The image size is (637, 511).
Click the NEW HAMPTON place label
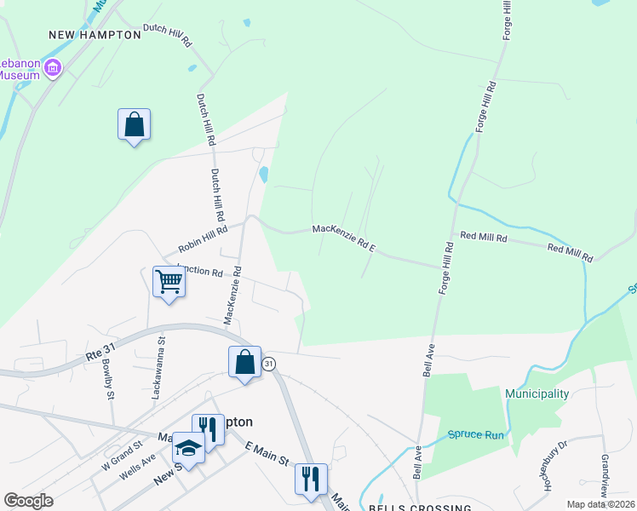pos(95,35)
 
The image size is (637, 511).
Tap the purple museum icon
pos(53,68)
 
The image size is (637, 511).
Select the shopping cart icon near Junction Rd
pos(169,281)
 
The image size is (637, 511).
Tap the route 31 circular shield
pos(269,365)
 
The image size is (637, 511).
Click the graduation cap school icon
pos(187,448)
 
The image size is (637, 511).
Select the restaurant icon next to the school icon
pos(208,428)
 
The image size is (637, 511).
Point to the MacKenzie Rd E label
pos(344,236)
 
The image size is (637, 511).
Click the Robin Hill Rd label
pos(203,240)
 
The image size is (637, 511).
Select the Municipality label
pos(537,393)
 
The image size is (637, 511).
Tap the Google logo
pos(28,501)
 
